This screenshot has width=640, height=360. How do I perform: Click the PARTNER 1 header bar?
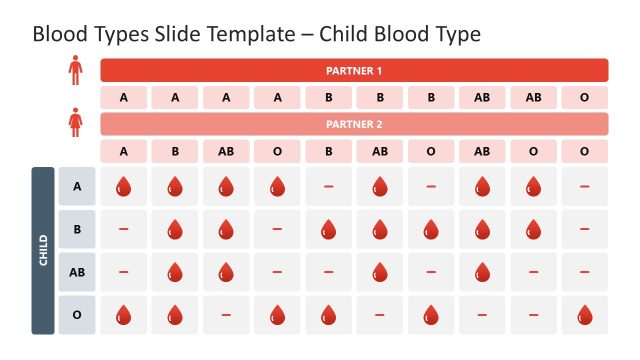[x=354, y=70]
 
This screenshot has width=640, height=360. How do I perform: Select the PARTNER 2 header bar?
[x=354, y=124]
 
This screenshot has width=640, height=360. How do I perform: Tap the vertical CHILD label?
[x=43, y=250]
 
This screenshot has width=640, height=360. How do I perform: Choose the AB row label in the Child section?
[x=77, y=272]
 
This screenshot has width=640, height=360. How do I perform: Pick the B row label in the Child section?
[x=77, y=229]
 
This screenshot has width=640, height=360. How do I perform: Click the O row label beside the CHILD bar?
[x=77, y=315]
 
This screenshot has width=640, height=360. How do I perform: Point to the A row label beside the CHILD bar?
[x=77, y=186]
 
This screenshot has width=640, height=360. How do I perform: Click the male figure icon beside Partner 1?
[x=75, y=69]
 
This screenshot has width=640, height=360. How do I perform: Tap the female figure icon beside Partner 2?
[x=75, y=123]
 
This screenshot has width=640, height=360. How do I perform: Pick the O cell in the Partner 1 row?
[x=584, y=97]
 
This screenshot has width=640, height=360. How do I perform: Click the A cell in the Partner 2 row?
[x=124, y=151]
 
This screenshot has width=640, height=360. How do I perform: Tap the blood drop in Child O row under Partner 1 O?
[x=584, y=315]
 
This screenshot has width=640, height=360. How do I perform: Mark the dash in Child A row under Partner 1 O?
[x=584, y=186]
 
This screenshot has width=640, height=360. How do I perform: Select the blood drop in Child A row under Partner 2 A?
[x=124, y=186]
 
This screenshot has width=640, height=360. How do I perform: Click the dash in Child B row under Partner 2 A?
[x=124, y=229]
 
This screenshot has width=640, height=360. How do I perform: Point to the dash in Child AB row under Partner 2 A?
[x=124, y=272]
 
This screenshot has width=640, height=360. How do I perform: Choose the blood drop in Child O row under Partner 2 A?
[x=124, y=315]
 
